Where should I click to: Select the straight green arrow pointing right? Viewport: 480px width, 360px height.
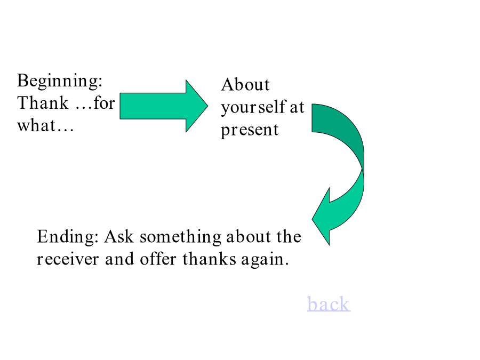tap(164, 106)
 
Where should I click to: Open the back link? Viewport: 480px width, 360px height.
tap(329, 303)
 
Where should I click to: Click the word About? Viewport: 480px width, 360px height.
tap(245, 84)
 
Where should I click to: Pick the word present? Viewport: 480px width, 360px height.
tap(250, 130)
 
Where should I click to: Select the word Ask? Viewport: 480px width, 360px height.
tap(119, 237)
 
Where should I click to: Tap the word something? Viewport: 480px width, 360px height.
tap(181, 237)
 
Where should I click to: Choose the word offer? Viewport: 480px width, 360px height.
tap(158, 259)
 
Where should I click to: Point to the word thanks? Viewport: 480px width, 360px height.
tap(210, 259)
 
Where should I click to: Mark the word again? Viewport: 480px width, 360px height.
tap(265, 260)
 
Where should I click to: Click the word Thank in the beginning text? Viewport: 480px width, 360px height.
tap(43, 103)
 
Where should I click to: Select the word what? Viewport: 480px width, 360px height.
tap(36, 125)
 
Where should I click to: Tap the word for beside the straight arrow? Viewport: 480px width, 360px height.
tap(105, 103)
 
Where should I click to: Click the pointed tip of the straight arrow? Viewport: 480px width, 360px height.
tap(208, 106)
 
